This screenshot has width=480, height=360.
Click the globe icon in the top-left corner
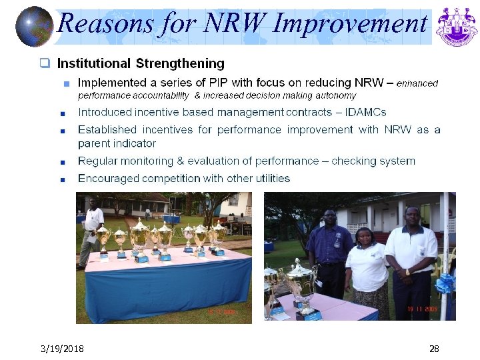point(33,26)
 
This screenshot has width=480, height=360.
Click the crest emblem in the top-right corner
point(456,26)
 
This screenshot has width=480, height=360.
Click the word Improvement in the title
point(349,24)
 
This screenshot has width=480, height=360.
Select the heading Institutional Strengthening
point(141,64)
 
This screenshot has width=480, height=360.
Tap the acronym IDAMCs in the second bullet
point(365,113)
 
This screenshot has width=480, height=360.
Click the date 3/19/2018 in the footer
point(61,349)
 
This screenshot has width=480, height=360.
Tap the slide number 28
point(434,349)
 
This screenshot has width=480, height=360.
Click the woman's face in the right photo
point(365,236)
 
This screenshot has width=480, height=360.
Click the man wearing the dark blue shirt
point(329,247)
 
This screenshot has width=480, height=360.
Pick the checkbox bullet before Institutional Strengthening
point(45,64)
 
